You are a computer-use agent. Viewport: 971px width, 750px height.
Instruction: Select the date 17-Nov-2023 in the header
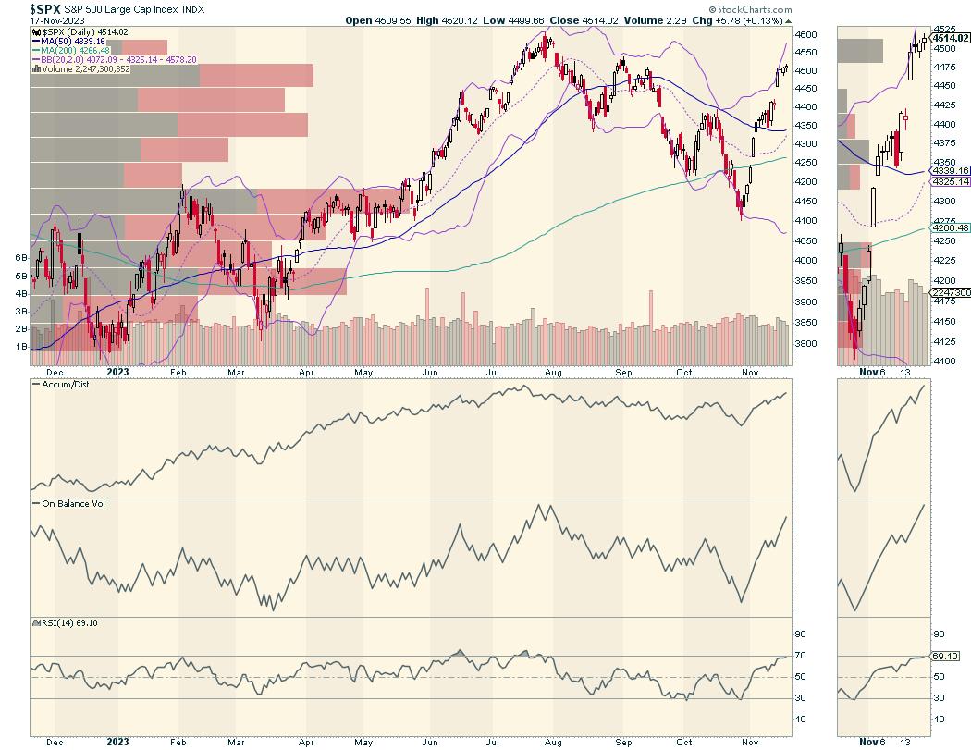click(29, 19)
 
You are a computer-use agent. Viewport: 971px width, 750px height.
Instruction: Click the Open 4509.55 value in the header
click(376, 19)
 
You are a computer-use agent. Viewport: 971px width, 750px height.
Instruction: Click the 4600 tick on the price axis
click(807, 34)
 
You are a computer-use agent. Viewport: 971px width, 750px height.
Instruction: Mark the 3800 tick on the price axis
click(807, 344)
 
